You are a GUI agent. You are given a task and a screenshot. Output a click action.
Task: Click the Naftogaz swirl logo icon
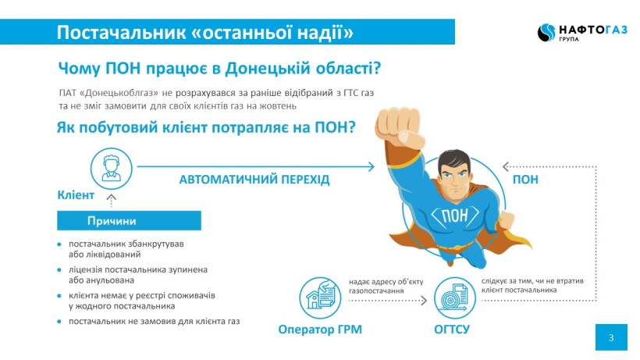[546, 32]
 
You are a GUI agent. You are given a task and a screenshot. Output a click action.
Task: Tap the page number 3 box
[611, 337]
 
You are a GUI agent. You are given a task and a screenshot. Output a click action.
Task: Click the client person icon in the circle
[111, 169]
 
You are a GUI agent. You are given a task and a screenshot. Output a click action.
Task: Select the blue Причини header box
[129, 220]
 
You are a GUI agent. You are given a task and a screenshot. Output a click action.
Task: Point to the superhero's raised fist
[398, 127]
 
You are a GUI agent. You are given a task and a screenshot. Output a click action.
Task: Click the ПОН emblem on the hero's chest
[455, 215]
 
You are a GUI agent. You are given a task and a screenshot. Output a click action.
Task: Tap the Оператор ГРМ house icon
[320, 298]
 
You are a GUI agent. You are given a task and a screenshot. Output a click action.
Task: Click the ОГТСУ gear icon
[455, 298]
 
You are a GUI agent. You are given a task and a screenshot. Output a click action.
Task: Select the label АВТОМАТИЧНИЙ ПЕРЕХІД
[254, 180]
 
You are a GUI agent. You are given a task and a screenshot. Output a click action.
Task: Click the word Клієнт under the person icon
[76, 195]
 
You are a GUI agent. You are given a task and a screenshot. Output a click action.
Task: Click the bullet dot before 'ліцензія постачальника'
[59, 270]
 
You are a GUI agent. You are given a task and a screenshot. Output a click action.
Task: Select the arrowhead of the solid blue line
[371, 166]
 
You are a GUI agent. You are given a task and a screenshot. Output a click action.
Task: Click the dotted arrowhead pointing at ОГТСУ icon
[424, 301]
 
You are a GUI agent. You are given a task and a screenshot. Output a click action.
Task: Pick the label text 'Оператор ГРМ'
[320, 330]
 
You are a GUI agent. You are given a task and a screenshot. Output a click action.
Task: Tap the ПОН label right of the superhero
[525, 180]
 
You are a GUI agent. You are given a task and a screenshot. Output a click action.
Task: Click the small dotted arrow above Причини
[111, 201]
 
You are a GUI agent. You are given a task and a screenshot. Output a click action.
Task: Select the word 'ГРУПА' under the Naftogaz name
[568, 39]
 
